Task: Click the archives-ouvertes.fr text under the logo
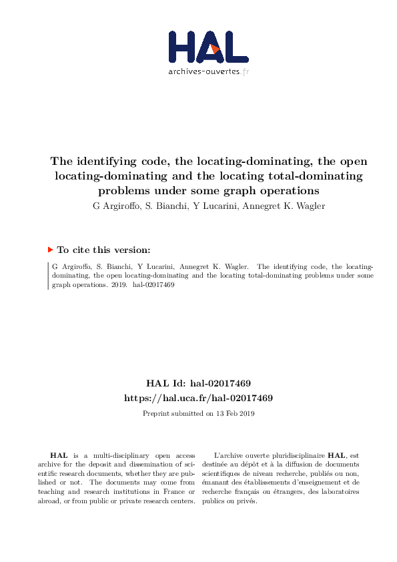(x=208, y=71)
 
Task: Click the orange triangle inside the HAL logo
(x=215, y=49)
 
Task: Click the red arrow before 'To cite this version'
(x=50, y=250)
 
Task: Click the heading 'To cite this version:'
(x=103, y=250)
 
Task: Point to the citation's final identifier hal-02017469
(x=154, y=284)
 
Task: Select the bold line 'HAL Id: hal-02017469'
(x=198, y=383)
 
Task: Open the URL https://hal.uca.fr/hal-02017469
(x=198, y=398)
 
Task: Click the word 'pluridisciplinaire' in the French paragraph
(x=296, y=455)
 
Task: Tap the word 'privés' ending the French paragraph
(x=247, y=501)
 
